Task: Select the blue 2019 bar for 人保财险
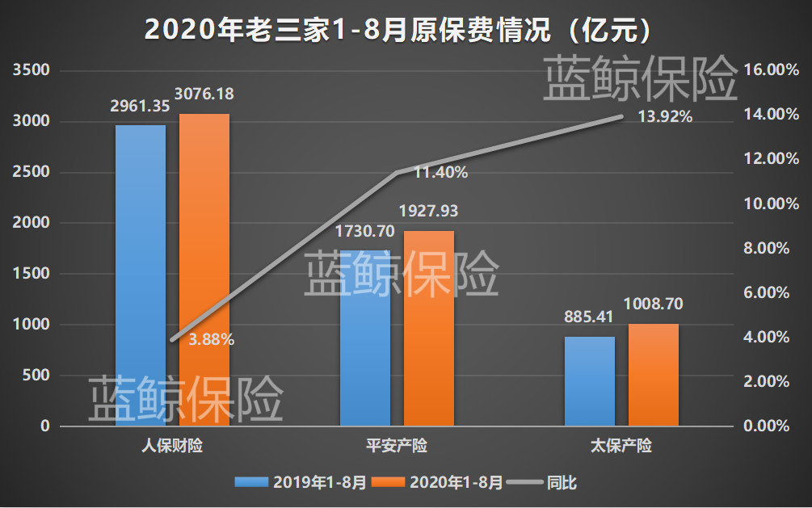point(141,275)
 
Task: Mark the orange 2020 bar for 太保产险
point(654,376)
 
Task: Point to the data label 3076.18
point(206,94)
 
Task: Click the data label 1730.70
point(364,231)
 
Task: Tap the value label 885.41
point(590,318)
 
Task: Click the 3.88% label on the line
point(211,340)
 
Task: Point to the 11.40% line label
point(440,172)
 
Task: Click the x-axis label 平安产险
point(396,446)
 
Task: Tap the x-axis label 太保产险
point(621,446)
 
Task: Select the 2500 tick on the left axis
point(34,173)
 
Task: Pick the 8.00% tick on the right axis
point(764,249)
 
